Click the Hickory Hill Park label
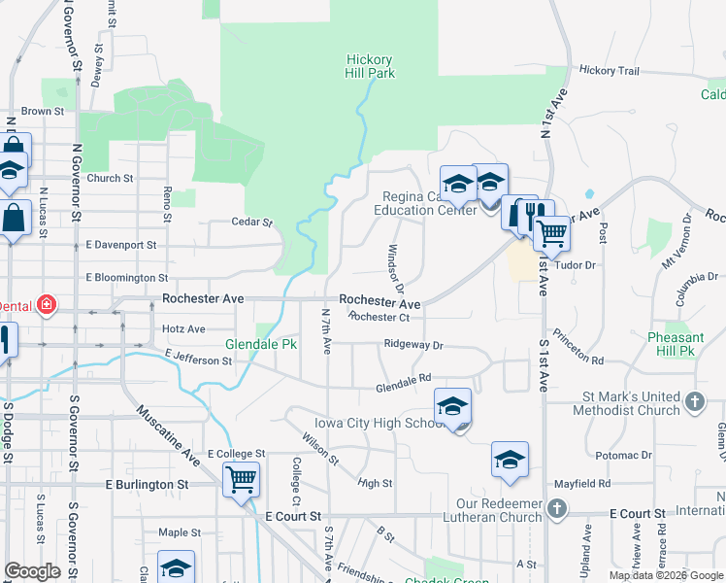click(370, 66)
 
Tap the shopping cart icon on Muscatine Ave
click(241, 479)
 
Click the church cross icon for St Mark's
click(695, 401)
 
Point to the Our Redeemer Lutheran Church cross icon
click(556, 508)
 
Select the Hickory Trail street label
click(610, 71)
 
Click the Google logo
click(32, 571)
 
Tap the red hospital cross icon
click(46, 305)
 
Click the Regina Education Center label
click(428, 203)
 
